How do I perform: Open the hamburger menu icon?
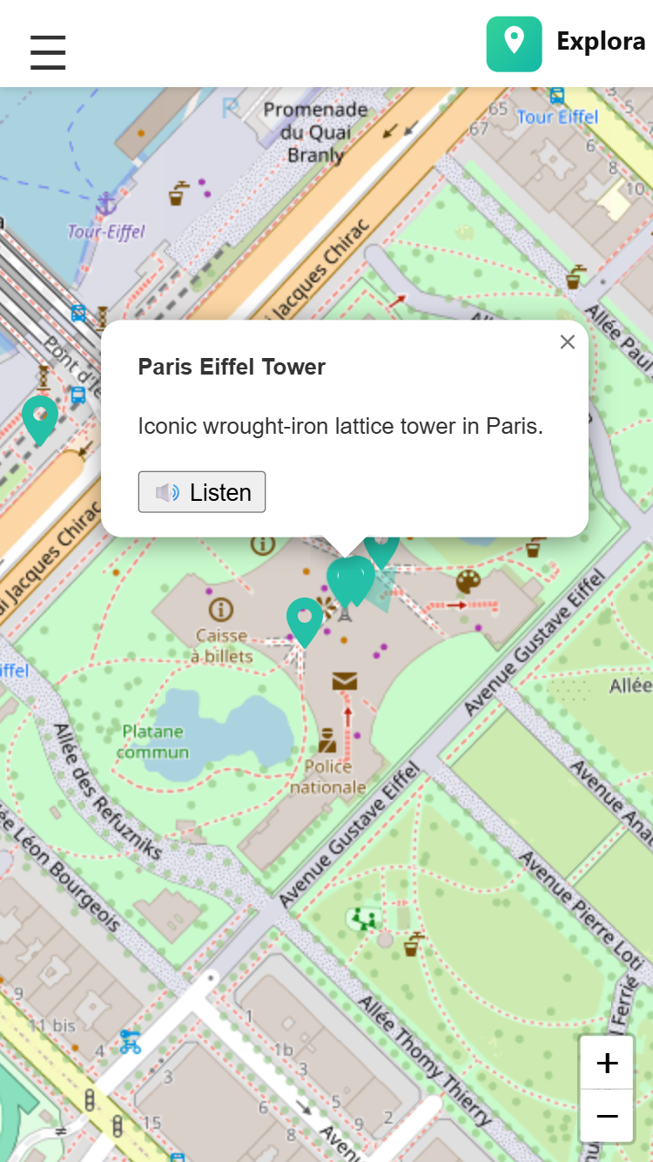(x=48, y=52)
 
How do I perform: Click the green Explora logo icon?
(x=514, y=44)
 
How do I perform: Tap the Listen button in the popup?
(x=202, y=492)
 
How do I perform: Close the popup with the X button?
(x=568, y=342)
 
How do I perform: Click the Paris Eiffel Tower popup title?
(x=232, y=367)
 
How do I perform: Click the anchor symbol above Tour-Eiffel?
(x=106, y=205)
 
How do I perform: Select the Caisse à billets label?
(x=222, y=645)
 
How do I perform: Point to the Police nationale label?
(x=327, y=777)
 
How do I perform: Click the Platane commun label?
(x=153, y=741)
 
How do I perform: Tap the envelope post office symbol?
(x=345, y=680)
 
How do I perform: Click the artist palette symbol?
(x=468, y=582)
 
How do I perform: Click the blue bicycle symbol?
(x=131, y=1041)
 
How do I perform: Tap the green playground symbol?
(x=363, y=918)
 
